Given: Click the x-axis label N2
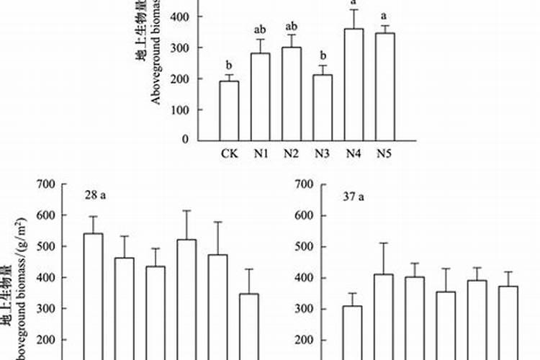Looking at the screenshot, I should [x=292, y=153].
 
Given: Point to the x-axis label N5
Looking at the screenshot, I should [x=385, y=153].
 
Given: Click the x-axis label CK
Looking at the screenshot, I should [x=229, y=153].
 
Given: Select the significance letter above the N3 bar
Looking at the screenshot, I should [x=323, y=55].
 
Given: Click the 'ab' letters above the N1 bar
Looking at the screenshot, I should [x=261, y=30].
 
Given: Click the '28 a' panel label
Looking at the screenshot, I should [x=94, y=195].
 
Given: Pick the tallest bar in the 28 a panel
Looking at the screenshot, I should [x=92, y=295].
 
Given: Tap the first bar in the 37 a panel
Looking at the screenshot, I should [x=352, y=332].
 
